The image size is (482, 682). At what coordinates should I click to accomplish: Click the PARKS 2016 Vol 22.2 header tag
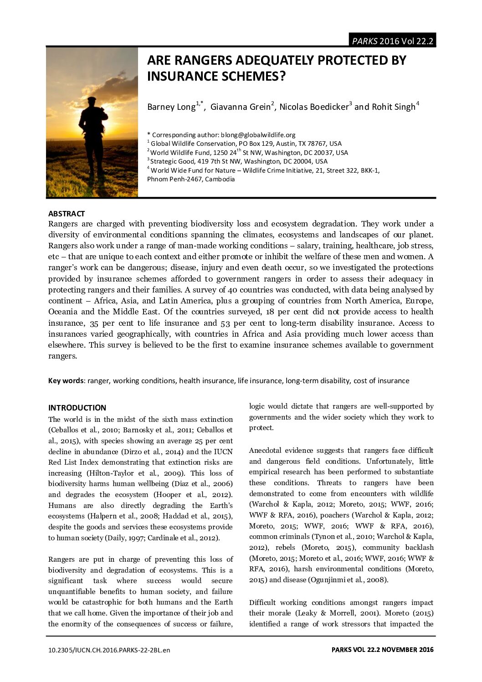(x=392, y=41)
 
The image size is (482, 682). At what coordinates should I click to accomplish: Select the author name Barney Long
(x=171, y=107)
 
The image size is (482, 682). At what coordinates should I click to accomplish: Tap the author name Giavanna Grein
(x=240, y=107)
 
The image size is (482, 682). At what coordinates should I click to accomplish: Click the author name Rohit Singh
(x=393, y=107)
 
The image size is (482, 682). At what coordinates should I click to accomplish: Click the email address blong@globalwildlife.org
(x=258, y=135)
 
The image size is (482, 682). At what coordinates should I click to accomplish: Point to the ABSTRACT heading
(x=67, y=214)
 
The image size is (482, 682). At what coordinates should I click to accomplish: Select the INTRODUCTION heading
(x=77, y=408)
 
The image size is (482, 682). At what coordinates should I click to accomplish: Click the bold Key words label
(x=66, y=381)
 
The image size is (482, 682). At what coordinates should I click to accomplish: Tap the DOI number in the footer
(x=109, y=650)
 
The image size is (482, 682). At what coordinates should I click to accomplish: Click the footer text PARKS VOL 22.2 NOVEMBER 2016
(x=382, y=650)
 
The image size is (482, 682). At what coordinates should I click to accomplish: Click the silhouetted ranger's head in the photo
(x=92, y=102)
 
